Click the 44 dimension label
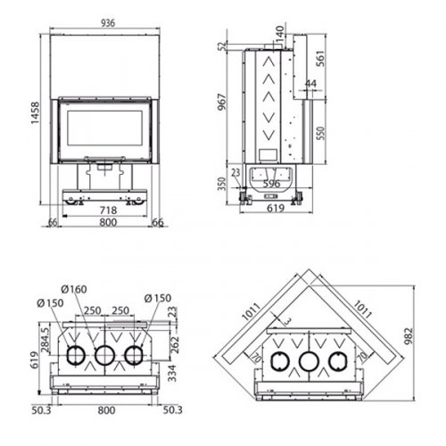310,84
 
